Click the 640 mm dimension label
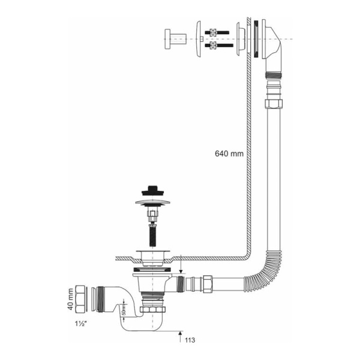click(x=229, y=154)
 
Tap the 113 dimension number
click(x=190, y=340)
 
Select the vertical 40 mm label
click(x=71, y=299)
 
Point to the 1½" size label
click(x=80, y=324)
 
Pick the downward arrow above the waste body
click(x=181, y=264)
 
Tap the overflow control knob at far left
click(x=175, y=39)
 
